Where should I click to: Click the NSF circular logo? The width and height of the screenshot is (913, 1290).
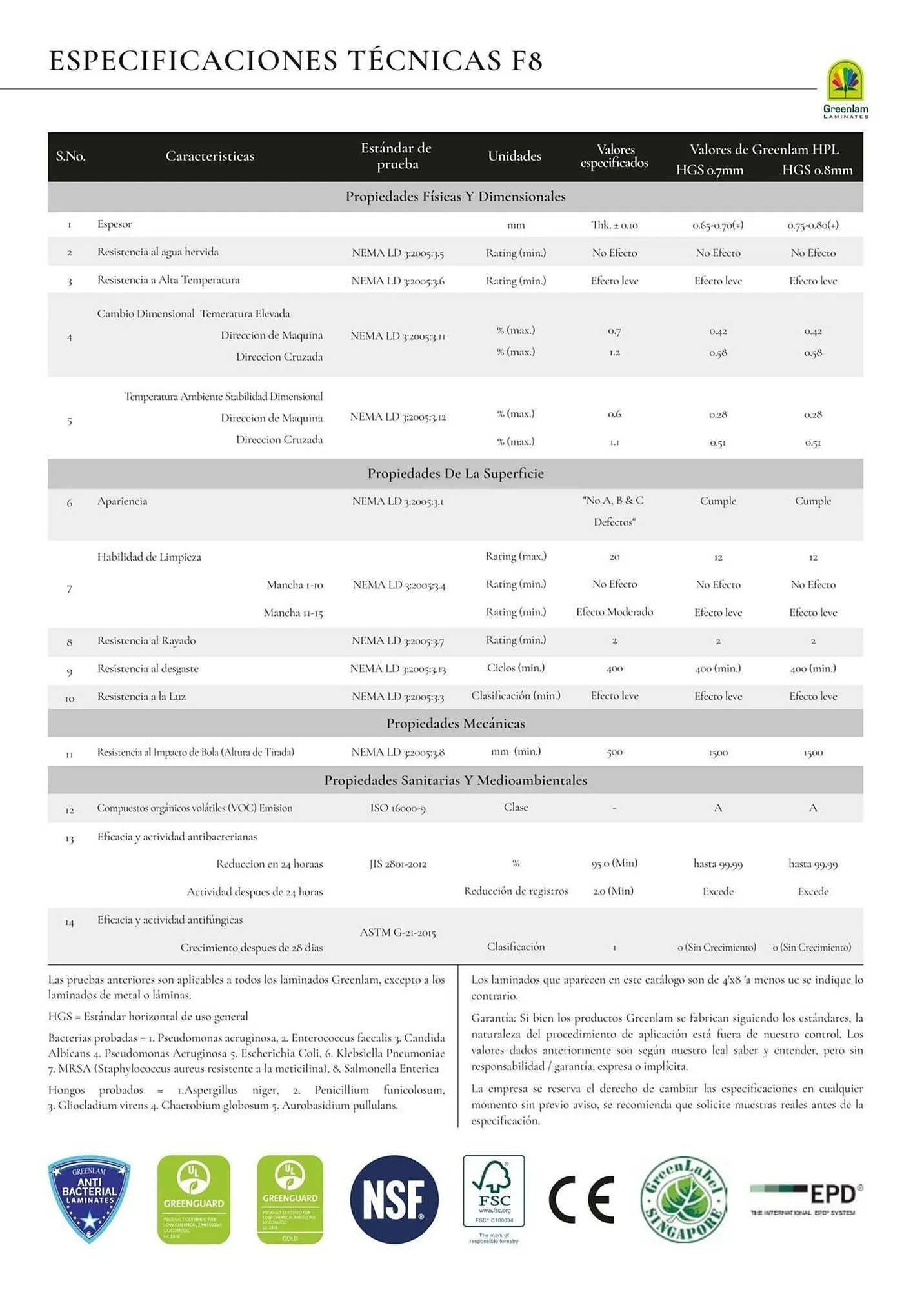click(x=394, y=1199)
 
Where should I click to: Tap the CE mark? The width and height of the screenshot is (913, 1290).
click(x=581, y=1199)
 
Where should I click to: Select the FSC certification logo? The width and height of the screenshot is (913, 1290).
click(x=494, y=1193)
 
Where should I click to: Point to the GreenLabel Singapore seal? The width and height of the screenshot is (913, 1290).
click(x=684, y=1199)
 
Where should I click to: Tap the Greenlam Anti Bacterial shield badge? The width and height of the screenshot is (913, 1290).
click(x=89, y=1198)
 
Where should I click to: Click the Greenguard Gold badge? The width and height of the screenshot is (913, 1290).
click(x=290, y=1199)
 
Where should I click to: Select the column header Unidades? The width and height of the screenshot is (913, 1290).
click(x=514, y=156)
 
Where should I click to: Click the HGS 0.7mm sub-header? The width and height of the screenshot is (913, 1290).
click(x=709, y=170)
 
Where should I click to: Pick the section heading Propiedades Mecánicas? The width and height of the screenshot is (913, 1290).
click(x=456, y=724)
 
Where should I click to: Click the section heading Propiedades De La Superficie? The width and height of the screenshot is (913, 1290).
click(x=456, y=473)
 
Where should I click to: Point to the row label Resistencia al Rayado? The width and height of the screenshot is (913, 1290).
click(x=146, y=640)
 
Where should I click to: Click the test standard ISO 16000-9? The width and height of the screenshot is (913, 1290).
click(x=397, y=808)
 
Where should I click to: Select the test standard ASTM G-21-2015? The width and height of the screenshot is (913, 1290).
click(x=397, y=933)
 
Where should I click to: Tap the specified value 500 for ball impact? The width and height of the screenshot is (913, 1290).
click(x=614, y=753)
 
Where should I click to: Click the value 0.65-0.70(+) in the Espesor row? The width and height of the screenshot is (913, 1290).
click(x=717, y=225)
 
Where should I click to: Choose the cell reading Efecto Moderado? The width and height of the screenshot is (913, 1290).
click(x=614, y=612)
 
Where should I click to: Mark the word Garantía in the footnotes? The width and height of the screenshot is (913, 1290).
click(x=493, y=1018)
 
